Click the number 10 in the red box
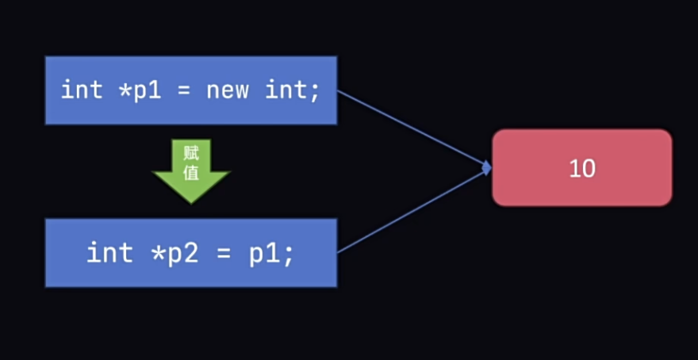[582, 168]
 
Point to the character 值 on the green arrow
[191, 172]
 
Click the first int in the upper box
[82, 90]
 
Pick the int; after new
[292, 90]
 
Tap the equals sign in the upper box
[185, 90]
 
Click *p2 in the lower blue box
[165, 253]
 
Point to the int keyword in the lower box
[109, 253]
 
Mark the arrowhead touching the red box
[486, 167]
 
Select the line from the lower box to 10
[412, 210]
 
